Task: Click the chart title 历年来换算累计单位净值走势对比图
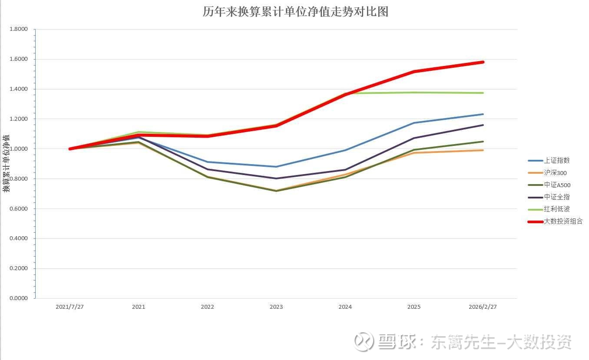click(295, 12)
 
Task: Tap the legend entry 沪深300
click(555, 173)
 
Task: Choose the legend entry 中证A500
click(557, 185)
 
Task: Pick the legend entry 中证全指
click(556, 197)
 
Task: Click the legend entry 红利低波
click(556, 209)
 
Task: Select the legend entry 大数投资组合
click(563, 221)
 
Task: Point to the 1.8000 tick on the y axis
click(19, 30)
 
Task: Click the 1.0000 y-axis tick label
click(19, 149)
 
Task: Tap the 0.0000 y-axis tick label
click(19, 298)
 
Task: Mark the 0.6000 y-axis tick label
click(19, 209)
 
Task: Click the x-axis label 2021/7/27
click(69, 307)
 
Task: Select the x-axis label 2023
click(276, 307)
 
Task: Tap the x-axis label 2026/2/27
click(483, 307)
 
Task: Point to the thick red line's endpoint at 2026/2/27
click(483, 62)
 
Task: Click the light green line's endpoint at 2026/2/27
click(483, 93)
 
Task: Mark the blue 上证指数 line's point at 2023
click(276, 167)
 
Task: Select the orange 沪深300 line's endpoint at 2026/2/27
click(483, 150)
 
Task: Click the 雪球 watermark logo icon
click(363, 341)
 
